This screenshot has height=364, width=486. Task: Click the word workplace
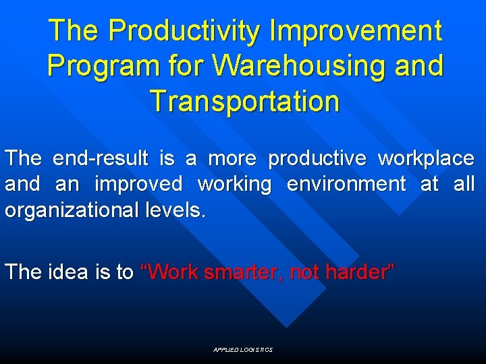(x=426, y=158)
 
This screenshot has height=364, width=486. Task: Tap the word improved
(x=138, y=183)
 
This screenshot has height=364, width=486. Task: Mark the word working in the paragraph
(x=235, y=183)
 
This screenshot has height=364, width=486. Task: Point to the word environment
(x=346, y=183)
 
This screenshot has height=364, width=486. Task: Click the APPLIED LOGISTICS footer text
(x=242, y=350)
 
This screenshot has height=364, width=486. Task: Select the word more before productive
(x=231, y=158)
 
